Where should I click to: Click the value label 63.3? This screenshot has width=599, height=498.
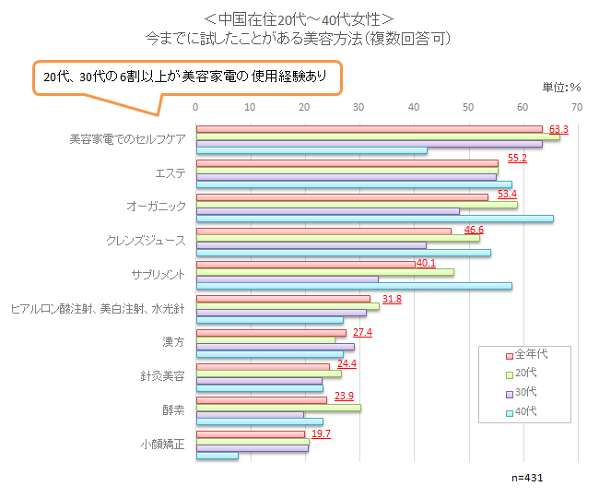pyautogui.click(x=558, y=128)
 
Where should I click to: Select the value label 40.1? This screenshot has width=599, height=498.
pyautogui.click(x=426, y=263)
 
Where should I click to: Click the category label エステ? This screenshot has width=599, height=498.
pyautogui.click(x=170, y=172)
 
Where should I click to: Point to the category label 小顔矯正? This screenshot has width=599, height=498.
pyautogui.click(x=163, y=444)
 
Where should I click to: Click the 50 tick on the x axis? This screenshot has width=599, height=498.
pyautogui.click(x=469, y=108)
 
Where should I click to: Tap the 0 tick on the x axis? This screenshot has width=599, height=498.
pyautogui.click(x=196, y=108)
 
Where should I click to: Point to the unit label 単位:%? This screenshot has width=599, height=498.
pyautogui.click(x=560, y=88)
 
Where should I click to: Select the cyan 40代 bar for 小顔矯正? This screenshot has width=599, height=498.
pyautogui.click(x=217, y=456)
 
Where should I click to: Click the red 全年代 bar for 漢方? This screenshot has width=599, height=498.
pyautogui.click(x=271, y=333)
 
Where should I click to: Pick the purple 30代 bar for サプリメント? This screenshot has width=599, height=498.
pyautogui.click(x=288, y=279)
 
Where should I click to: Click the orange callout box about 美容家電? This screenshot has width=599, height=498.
pyautogui.click(x=186, y=77)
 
